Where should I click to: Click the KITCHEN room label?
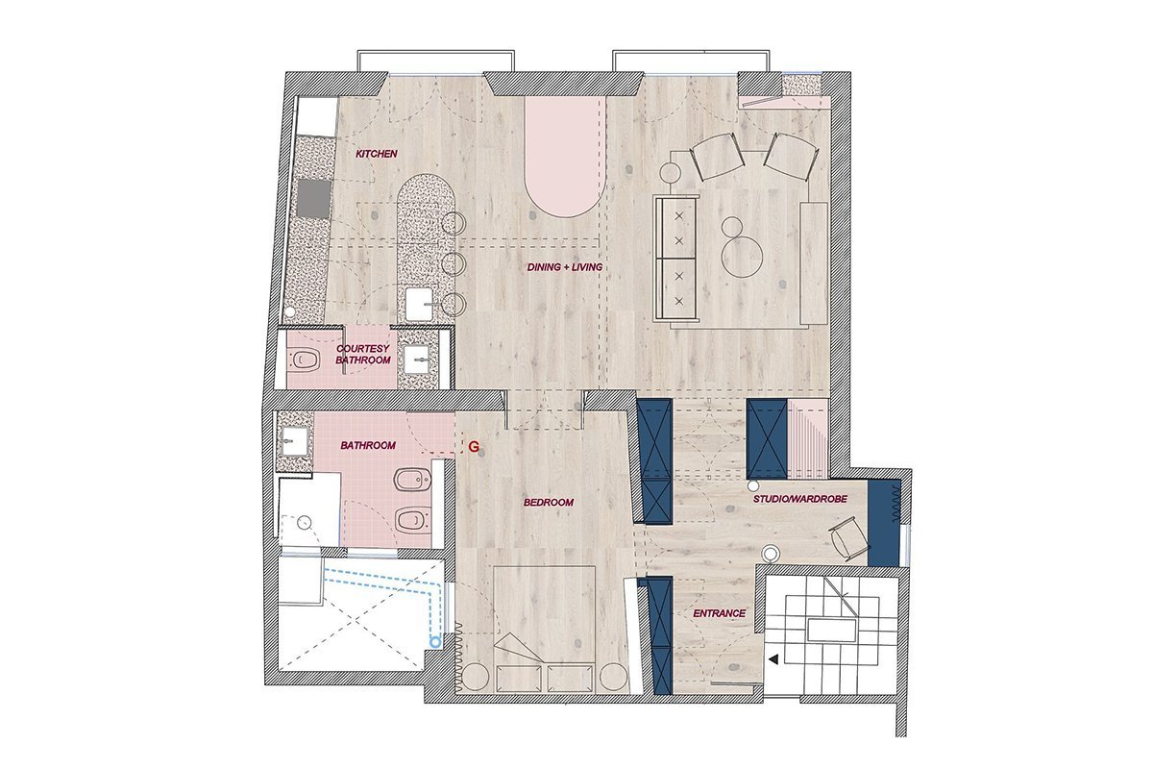click(x=377, y=154)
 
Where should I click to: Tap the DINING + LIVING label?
click(x=565, y=267)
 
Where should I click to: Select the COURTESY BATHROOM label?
click(x=363, y=355)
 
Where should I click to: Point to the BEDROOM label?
click(x=549, y=502)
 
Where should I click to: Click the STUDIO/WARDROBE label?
click(x=800, y=499)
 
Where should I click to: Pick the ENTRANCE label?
click(x=719, y=613)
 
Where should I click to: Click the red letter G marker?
click(x=474, y=447)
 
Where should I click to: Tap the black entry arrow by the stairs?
click(x=773, y=658)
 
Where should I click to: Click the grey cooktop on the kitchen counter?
click(x=314, y=198)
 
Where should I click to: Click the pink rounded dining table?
click(x=565, y=159)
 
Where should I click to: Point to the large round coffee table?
click(x=742, y=257)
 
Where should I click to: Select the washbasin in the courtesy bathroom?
click(x=417, y=359)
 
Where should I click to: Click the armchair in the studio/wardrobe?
click(x=847, y=536)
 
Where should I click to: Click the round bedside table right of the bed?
click(x=613, y=677)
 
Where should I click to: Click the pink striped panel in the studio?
click(x=807, y=438)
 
